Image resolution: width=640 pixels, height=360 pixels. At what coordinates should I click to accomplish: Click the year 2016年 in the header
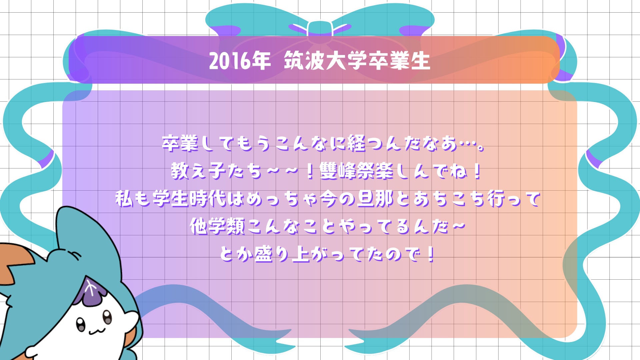(x=240, y=61)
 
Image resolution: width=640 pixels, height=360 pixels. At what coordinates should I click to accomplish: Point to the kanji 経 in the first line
(x=356, y=143)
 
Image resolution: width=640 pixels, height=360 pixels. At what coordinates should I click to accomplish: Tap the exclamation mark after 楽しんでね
(x=477, y=171)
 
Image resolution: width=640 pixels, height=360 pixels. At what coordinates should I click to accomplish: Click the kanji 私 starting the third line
(x=124, y=199)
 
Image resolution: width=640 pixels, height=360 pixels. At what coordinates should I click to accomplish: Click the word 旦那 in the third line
(x=375, y=199)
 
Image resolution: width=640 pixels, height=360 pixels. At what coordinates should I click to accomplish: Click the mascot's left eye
(x=81, y=323)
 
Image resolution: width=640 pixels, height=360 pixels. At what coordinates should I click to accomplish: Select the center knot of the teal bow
(x=320, y=28)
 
